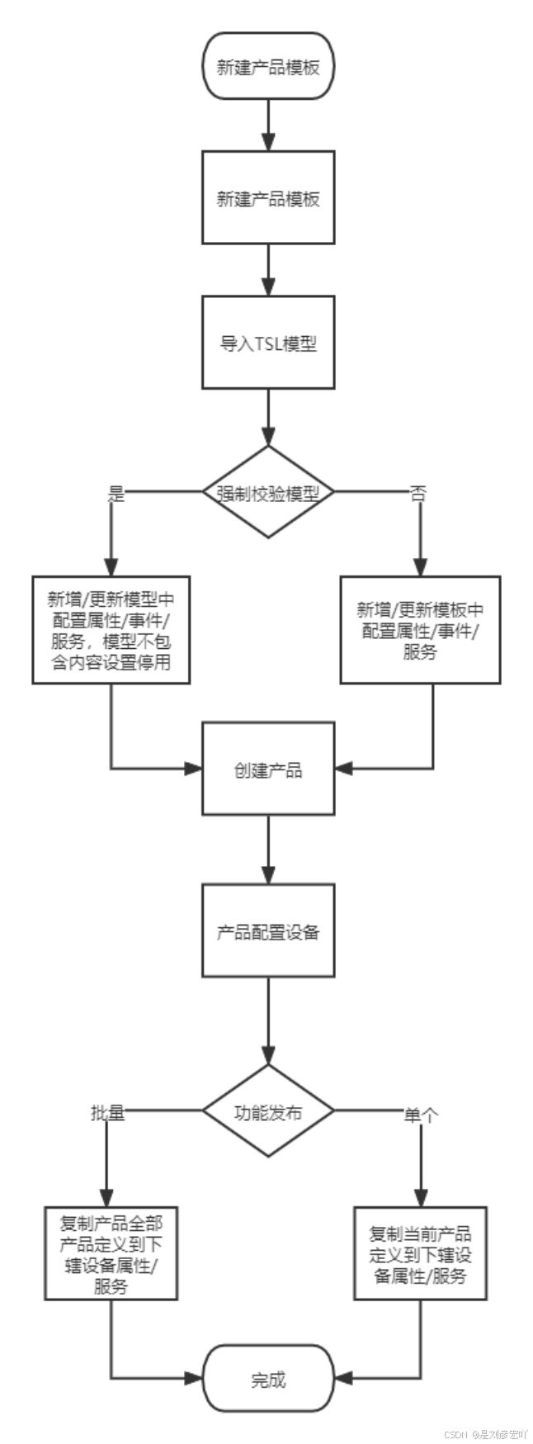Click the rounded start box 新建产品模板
pyautogui.click(x=268, y=67)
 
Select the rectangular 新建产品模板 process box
pyautogui.click(x=268, y=198)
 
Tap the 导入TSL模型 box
pyautogui.click(x=268, y=343)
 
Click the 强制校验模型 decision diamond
pyautogui.click(x=268, y=493)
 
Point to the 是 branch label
pyautogui.click(x=116, y=494)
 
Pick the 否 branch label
pyautogui.click(x=418, y=494)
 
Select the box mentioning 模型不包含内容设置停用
pyautogui.click(x=111, y=630)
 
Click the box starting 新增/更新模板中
pyautogui.click(x=420, y=630)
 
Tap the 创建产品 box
pyautogui.click(x=268, y=769)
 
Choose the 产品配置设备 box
pyautogui.click(x=268, y=931)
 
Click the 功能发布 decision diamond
pyautogui.click(x=268, y=1111)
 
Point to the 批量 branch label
pyautogui.click(x=107, y=1112)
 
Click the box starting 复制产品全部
pyautogui.click(x=111, y=1252)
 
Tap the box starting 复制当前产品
pyautogui.click(x=420, y=1253)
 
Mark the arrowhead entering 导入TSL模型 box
pyautogui.click(x=268, y=287)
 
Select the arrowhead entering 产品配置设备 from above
pyautogui.click(x=268, y=875)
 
